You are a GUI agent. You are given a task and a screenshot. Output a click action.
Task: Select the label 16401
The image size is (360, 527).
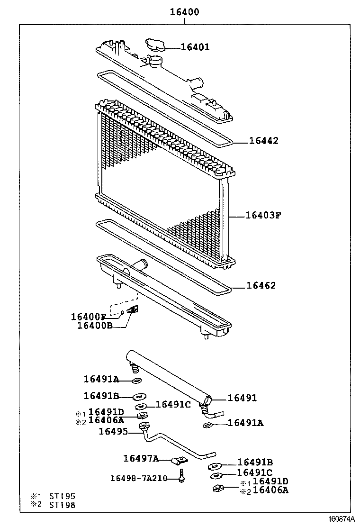(x=195, y=47)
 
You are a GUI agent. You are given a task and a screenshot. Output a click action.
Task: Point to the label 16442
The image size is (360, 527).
(x=264, y=141)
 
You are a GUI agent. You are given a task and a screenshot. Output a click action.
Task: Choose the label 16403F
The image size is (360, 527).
(x=263, y=215)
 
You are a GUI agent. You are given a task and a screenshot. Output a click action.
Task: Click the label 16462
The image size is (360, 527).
(x=261, y=286)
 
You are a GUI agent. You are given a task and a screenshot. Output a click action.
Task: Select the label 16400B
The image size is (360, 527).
(x=95, y=326)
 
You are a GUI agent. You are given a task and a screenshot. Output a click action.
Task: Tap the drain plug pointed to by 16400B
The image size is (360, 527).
(x=135, y=310)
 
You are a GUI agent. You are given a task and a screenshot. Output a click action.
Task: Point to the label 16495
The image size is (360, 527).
(x=113, y=431)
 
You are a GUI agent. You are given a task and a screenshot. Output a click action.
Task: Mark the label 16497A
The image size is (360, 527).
(x=141, y=458)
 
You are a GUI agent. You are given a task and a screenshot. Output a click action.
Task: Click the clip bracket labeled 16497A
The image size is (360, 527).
(x=180, y=461)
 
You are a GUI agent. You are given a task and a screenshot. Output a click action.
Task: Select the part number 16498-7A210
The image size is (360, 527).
(x=139, y=478)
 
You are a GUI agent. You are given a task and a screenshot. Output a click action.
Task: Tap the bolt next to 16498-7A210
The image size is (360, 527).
(x=181, y=476)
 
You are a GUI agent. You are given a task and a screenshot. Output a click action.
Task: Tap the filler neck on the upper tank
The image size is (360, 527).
(x=155, y=61)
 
